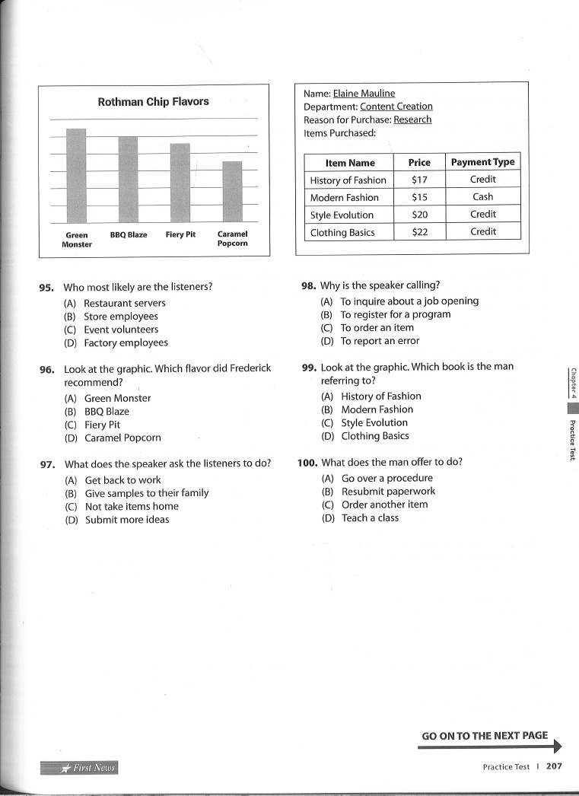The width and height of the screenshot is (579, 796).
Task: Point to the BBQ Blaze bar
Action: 128,180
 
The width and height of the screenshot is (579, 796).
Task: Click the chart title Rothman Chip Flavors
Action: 153,101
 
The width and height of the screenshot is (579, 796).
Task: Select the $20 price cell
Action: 419,215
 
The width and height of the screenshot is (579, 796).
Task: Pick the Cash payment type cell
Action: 482,197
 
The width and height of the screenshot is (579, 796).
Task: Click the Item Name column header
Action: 350,162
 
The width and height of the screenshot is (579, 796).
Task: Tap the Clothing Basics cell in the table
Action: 342,232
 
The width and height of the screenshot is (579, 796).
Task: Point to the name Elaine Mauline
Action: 364,93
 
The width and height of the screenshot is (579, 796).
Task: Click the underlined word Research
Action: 412,119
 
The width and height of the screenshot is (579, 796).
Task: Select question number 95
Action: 46,288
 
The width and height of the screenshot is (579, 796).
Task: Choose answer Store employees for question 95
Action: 121,317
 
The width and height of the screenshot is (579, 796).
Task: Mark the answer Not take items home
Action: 132,507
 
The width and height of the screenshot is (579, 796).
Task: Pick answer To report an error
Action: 380,342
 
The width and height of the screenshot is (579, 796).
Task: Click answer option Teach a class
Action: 370,518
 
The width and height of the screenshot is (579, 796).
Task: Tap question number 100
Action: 307,462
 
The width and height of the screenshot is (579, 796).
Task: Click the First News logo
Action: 80,767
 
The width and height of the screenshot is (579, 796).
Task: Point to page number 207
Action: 554,766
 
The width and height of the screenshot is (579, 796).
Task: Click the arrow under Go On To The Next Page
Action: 491,747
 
